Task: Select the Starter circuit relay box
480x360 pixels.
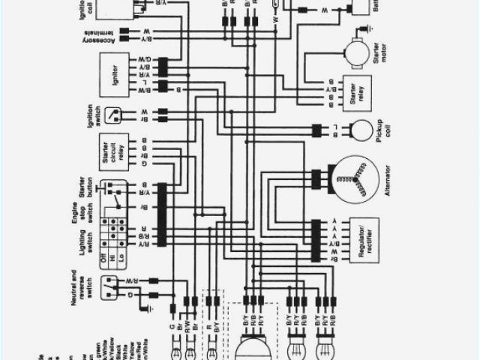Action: tap(114, 151)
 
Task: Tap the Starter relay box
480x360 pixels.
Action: tap(353, 93)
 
